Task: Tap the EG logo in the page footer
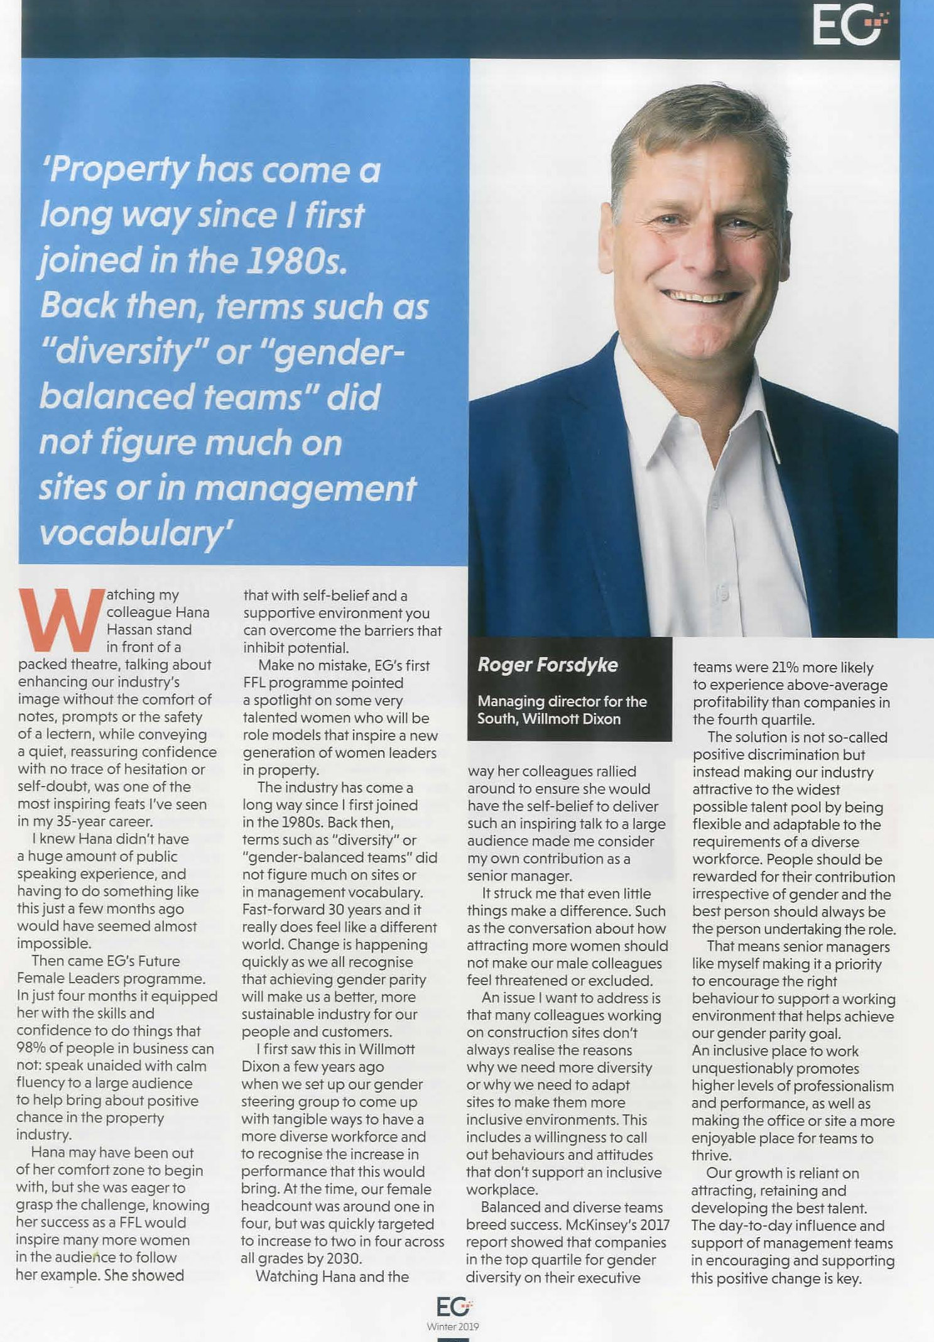[x=453, y=1307]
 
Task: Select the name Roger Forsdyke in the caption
[x=547, y=665]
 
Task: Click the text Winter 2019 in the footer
[x=453, y=1326]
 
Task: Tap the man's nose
[x=697, y=254]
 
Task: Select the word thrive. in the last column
[x=712, y=1155]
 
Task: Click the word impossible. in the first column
[x=54, y=944]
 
